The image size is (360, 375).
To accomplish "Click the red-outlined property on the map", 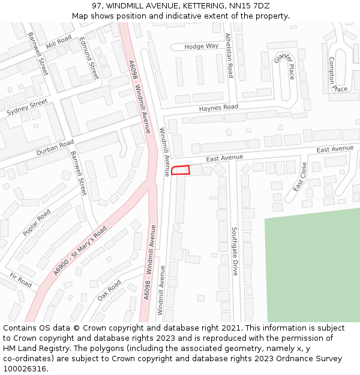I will click(x=181, y=170).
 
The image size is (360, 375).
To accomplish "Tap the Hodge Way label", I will click(x=202, y=46).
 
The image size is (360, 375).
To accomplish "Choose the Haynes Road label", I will click(x=218, y=107).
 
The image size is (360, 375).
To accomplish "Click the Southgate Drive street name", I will click(x=235, y=251).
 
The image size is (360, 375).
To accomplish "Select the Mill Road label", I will click(x=58, y=42).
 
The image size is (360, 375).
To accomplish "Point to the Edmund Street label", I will click(x=89, y=60).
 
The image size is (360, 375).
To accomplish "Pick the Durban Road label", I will click(x=55, y=148).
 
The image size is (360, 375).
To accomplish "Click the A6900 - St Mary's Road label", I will click(x=79, y=251).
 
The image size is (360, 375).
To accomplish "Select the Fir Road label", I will click(x=20, y=280).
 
